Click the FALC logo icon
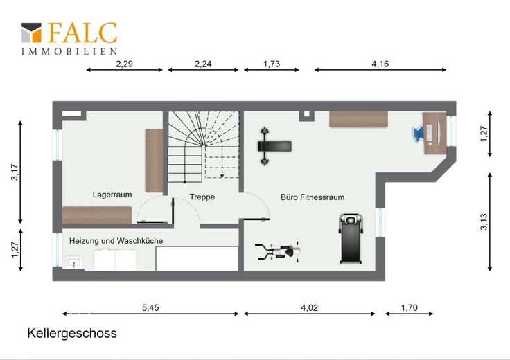[x=31, y=33]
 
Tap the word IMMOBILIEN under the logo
[x=69, y=51]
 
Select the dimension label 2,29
[x=124, y=64]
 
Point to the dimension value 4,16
[x=380, y=64]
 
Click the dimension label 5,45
[x=150, y=307]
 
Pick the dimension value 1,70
[x=409, y=307]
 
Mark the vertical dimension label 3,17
[x=15, y=172]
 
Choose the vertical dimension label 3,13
[x=484, y=222]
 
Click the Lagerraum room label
[x=112, y=195]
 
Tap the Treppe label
[x=202, y=197]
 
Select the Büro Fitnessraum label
[x=313, y=197]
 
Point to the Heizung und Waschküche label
[x=116, y=241]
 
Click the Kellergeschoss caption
[x=72, y=334]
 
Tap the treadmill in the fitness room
[x=351, y=238]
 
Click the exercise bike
[x=277, y=251]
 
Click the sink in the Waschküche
[x=74, y=262]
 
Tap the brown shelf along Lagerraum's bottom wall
[x=97, y=215]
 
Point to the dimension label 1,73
[x=272, y=64]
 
